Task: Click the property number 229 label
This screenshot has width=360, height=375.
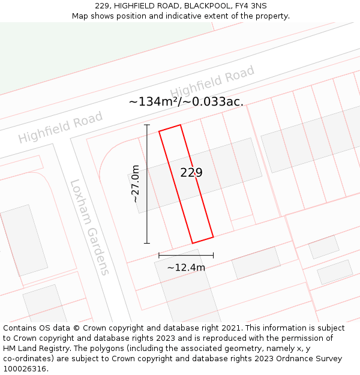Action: point(191,173)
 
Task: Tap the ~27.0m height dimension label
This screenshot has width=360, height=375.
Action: point(136,184)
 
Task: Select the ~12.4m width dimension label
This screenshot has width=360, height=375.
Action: point(186,267)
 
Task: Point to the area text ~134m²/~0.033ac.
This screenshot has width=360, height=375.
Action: point(186,101)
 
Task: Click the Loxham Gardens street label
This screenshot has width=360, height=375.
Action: point(90,227)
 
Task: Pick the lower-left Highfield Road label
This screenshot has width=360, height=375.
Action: point(60,129)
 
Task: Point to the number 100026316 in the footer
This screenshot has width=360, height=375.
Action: point(25,368)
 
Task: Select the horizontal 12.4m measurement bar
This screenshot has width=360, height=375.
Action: point(186,256)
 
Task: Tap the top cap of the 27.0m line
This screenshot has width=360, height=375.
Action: point(147,125)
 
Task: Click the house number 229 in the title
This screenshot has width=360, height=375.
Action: point(102,6)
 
